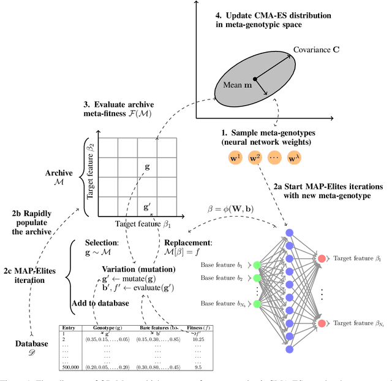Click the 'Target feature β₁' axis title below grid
tap(141, 225)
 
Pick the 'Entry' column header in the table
tap(70, 328)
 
